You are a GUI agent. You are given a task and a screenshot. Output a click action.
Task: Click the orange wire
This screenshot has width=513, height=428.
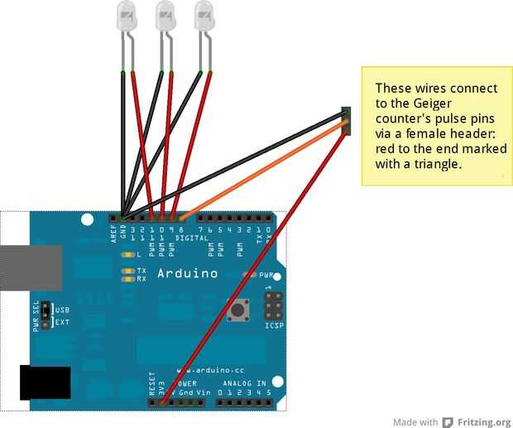(x=265, y=171)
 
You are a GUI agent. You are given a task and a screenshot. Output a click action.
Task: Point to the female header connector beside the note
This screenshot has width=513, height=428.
(x=346, y=119)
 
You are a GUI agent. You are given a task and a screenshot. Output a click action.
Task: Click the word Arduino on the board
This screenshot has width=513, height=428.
(x=188, y=273)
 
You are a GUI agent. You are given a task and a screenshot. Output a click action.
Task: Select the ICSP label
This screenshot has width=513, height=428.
(x=274, y=325)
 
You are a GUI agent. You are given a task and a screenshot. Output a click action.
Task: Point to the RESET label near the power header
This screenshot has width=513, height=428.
(x=152, y=382)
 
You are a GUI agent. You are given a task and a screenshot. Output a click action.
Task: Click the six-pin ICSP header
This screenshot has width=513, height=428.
(x=274, y=305)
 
